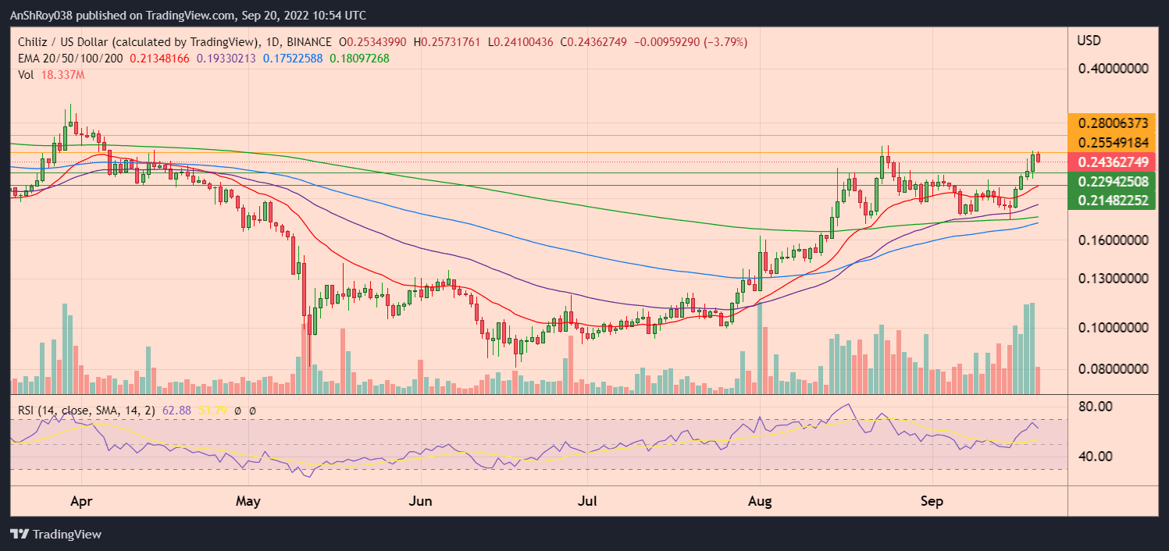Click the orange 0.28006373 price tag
tap(1114, 123)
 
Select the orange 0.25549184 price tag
tap(1114, 143)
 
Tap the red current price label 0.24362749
tap(1114, 162)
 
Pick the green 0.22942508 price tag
tap(1114, 182)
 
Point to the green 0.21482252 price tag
tap(1114, 201)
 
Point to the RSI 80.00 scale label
tap(1096, 407)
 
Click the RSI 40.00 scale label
tap(1096, 456)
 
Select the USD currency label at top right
tap(1089, 40)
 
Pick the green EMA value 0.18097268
tap(360, 59)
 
